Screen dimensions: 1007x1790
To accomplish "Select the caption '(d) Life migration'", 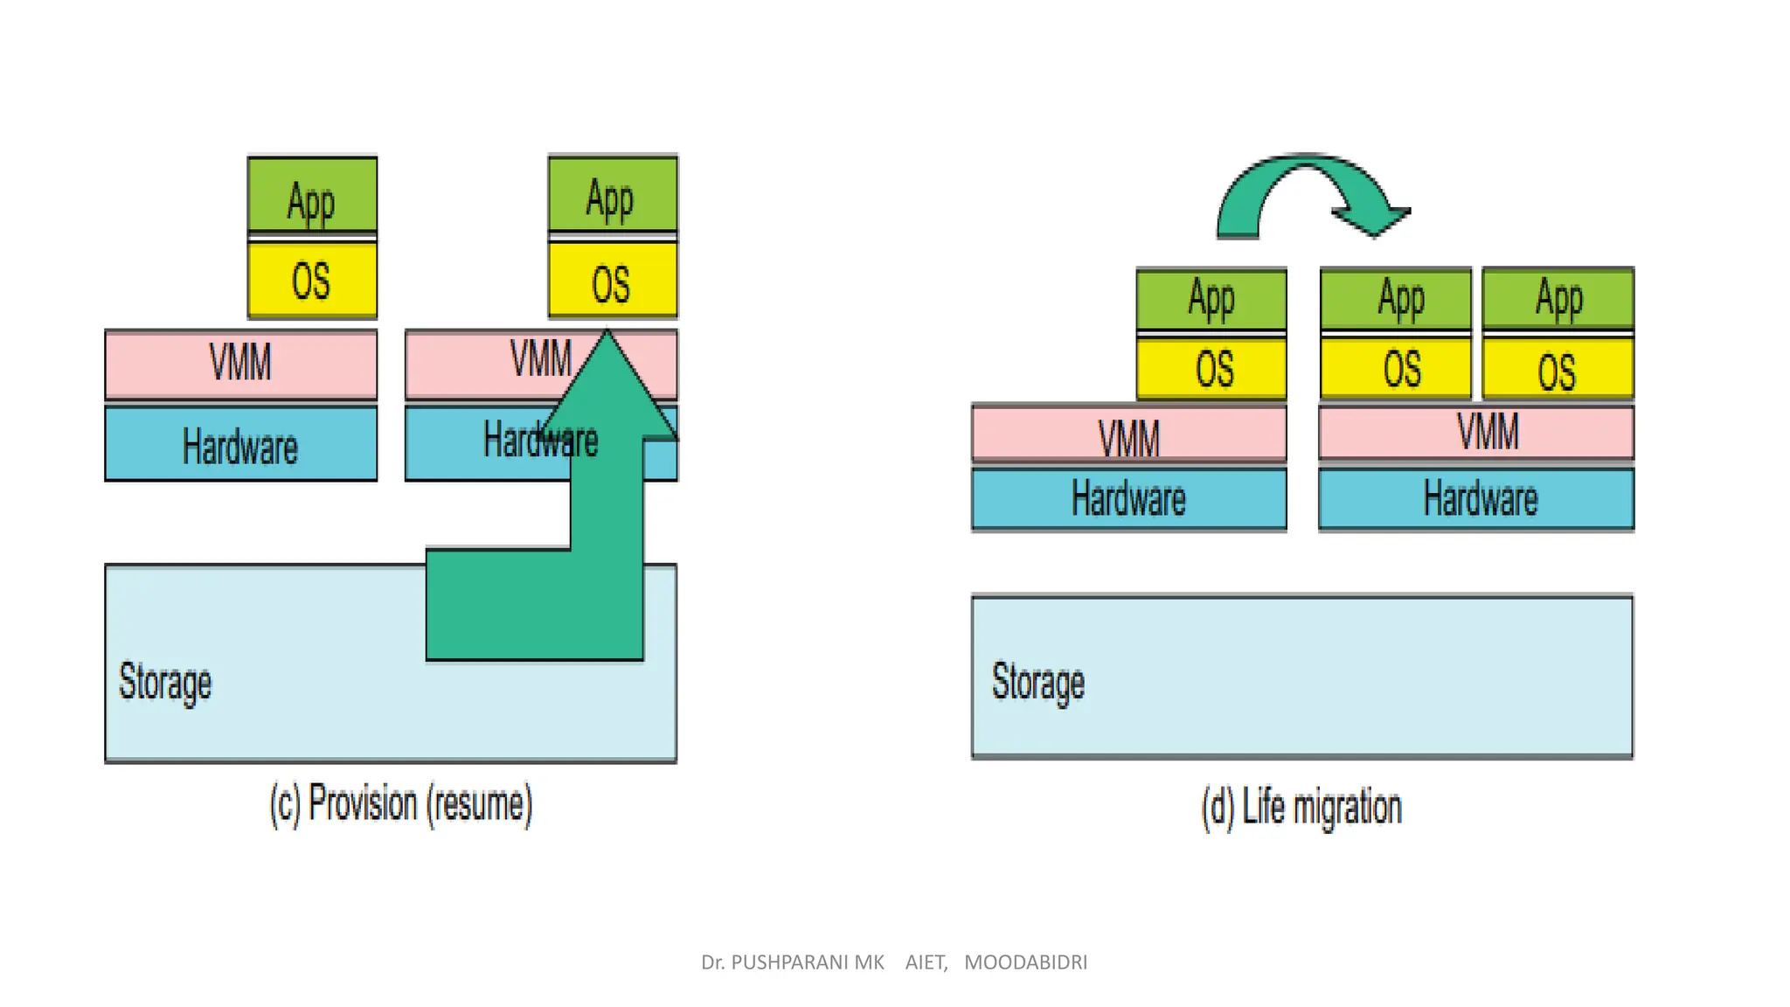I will point(1301,807).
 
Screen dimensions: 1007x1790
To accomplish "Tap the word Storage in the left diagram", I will point(165,682).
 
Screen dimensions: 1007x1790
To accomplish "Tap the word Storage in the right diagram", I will point(1037,682).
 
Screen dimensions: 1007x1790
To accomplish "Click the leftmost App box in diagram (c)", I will point(312,195).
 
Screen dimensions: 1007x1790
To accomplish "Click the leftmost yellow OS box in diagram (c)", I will point(312,280).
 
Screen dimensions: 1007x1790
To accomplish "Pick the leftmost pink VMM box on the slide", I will point(240,364).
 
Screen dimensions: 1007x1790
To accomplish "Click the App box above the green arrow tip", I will point(612,193).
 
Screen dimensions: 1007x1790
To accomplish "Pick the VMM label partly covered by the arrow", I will point(540,358).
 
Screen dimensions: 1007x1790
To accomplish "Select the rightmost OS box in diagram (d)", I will point(1558,369).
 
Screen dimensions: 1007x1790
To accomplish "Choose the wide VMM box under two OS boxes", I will point(1476,432).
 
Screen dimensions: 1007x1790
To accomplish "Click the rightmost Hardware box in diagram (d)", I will point(1476,498).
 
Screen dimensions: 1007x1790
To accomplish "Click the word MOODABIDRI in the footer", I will point(1025,962).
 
